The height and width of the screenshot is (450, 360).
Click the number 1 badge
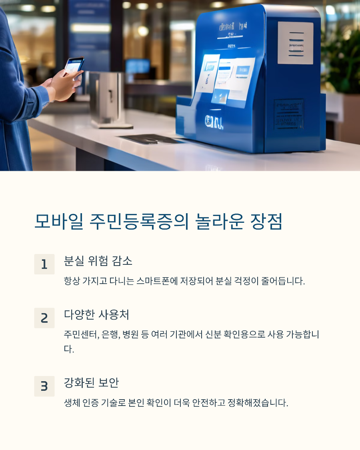(x=44, y=264)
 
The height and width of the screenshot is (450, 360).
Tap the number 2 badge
(x=44, y=318)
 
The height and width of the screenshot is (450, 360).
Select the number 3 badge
(x=44, y=386)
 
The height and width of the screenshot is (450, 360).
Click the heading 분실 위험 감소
(x=98, y=261)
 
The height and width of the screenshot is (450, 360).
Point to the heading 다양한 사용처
(x=96, y=315)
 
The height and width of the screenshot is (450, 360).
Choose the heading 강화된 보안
(x=91, y=383)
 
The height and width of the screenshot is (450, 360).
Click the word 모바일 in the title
(x=58, y=222)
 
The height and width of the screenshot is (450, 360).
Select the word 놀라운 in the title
(x=219, y=222)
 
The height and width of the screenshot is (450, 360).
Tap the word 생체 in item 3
(x=71, y=402)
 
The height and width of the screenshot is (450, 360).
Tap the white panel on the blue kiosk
(x=295, y=43)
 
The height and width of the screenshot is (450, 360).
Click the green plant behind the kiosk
(x=342, y=60)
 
